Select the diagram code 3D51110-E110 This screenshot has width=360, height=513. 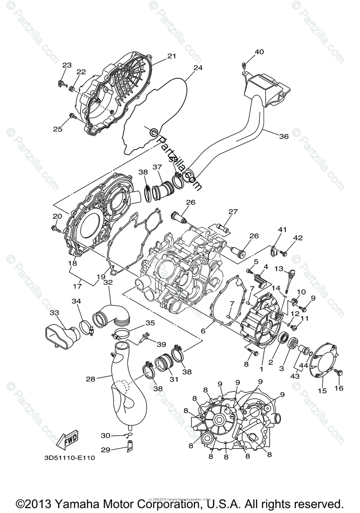pyautogui.click(x=69, y=458)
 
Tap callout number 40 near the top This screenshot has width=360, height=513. pyautogui.click(x=259, y=52)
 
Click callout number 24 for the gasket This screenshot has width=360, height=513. pyautogui.click(x=197, y=68)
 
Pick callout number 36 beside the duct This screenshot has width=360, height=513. pyautogui.click(x=284, y=137)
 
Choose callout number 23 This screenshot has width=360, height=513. pyautogui.click(x=67, y=65)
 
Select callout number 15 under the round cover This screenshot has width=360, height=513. pyautogui.click(x=322, y=391)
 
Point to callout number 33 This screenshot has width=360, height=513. pyautogui.click(x=54, y=313)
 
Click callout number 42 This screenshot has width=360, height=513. pyautogui.click(x=298, y=238)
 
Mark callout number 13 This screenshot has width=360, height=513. pyautogui.click(x=278, y=269)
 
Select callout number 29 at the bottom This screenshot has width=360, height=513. pyautogui.click(x=105, y=449)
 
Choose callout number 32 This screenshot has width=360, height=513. pyautogui.click(x=108, y=283)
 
